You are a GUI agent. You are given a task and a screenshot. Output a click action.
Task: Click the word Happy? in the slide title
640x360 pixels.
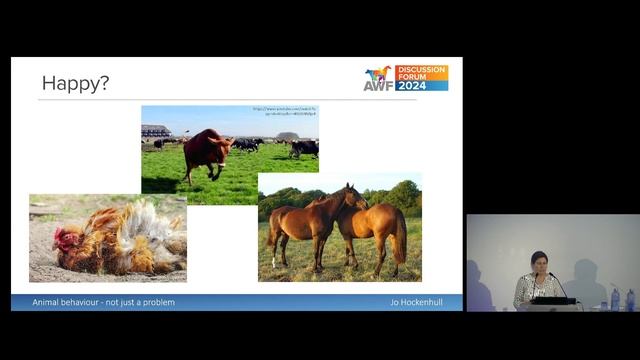pos(75,83)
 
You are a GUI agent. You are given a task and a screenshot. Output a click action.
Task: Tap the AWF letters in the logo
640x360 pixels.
pos(377,85)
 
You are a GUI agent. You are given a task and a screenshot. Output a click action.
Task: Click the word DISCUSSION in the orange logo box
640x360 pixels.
pos(421,70)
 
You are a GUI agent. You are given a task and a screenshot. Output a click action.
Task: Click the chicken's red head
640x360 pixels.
pos(67,240)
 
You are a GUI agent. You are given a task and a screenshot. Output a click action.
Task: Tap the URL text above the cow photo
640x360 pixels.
pos(284,111)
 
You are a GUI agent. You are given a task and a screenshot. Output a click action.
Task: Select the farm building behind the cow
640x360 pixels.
pos(156,131)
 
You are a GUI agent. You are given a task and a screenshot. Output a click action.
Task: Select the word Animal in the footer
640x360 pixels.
pos(46,302)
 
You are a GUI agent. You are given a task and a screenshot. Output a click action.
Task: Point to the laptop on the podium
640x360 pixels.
pos(552,299)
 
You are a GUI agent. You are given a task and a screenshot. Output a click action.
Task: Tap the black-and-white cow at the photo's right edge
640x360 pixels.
pos(305,148)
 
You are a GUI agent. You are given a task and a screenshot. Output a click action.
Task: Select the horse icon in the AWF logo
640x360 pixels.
pos(378,74)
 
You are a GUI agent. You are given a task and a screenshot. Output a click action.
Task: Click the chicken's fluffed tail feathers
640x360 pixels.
pos(150,225)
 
